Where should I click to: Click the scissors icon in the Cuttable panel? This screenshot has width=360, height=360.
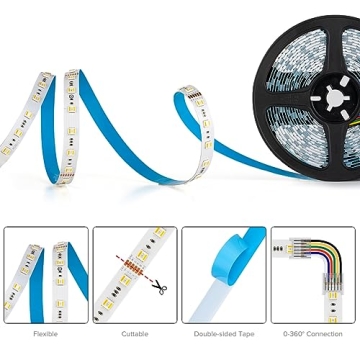(x=159, y=288)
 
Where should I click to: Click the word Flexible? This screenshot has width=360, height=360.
(x=45, y=333)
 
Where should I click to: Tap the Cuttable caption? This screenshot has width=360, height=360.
(x=135, y=333)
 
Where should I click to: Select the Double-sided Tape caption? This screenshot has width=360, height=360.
(x=224, y=333)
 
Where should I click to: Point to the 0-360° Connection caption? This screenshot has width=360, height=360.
(x=312, y=333)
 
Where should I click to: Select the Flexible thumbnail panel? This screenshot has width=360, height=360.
(x=45, y=274)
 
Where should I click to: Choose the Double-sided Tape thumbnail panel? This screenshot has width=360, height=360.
(x=224, y=274)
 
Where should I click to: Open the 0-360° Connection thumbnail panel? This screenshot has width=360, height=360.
(x=312, y=274)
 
